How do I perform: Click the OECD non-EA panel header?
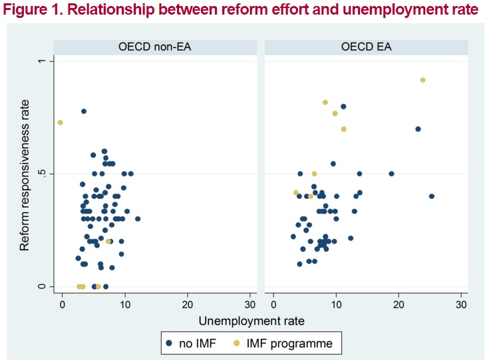pos(153,47)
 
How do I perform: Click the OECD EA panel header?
pos(367,47)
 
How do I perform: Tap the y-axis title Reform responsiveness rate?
pos(25,176)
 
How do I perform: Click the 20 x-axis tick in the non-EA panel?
pos(188,304)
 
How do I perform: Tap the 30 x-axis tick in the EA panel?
pos(460,304)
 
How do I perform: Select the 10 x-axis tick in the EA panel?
pos(335,304)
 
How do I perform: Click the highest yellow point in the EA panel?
pos(422,80)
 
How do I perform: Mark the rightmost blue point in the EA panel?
pos(431,196)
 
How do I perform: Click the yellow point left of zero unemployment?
pos(61,122)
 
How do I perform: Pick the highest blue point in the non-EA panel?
pos(84,111)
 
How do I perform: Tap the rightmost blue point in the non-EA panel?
pos(138,218)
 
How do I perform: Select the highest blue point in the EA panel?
pos(343,106)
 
